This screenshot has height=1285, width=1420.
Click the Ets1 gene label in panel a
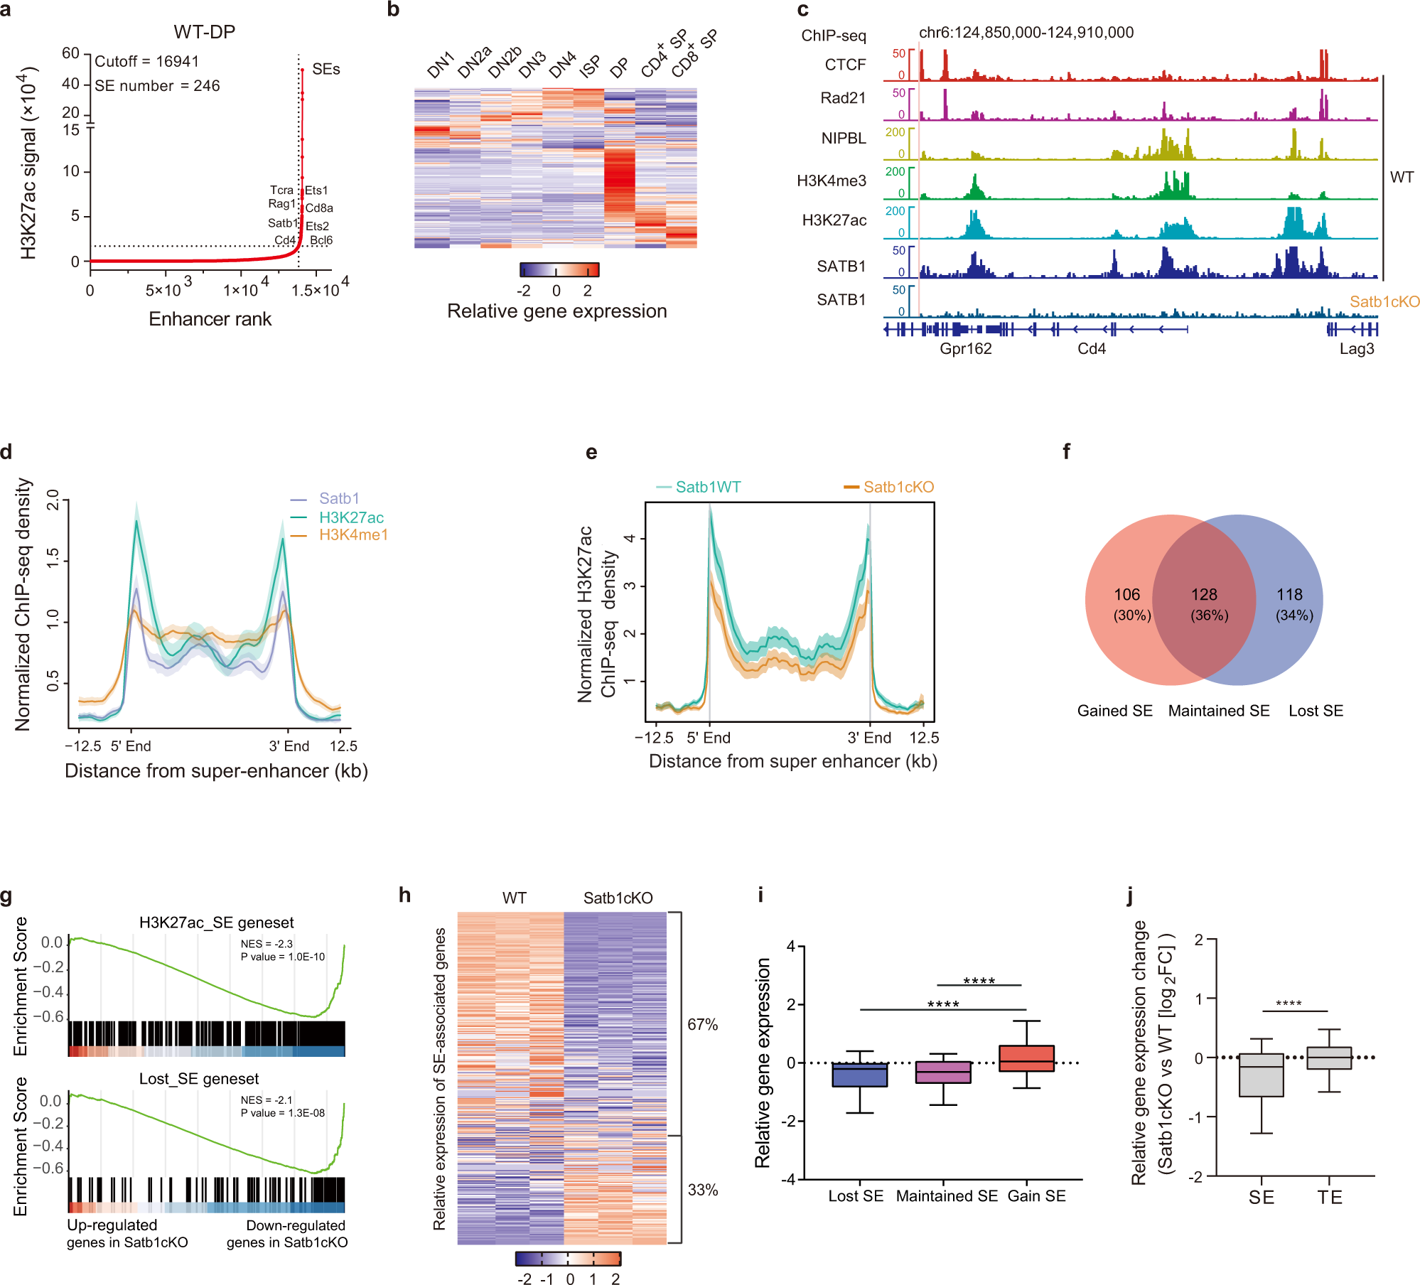316,190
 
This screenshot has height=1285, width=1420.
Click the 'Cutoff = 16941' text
146,62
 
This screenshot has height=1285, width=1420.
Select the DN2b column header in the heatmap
504,63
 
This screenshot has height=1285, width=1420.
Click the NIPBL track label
843,139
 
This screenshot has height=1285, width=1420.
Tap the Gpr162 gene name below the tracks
965,349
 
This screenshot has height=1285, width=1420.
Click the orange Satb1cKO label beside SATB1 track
1384,301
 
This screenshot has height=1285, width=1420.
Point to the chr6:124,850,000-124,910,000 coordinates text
1026,33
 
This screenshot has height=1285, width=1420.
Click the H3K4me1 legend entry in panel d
353,535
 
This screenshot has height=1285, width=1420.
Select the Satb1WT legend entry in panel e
707,488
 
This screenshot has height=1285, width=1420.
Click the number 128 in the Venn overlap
1204,595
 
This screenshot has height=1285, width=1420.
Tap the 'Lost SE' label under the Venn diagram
1316,711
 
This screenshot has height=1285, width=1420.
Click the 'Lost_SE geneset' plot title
199,1079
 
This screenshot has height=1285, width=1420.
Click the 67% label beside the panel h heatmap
702,1025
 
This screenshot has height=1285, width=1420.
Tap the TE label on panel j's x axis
1329,1198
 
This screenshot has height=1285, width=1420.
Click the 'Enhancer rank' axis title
210,319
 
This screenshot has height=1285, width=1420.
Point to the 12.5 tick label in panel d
343,746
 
